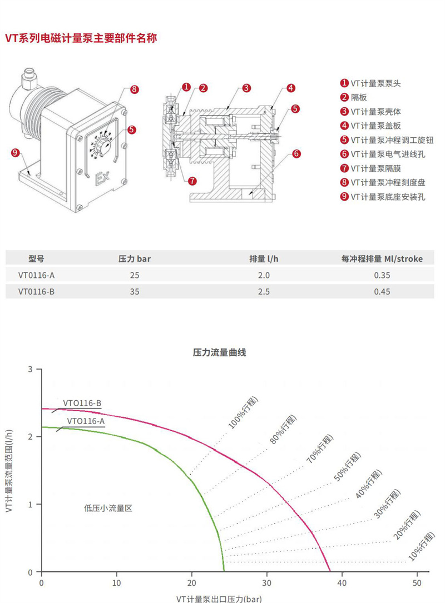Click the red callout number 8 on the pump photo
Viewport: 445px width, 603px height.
(x=134, y=89)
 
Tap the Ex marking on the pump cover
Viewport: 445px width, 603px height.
(x=102, y=178)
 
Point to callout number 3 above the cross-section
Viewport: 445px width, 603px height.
(x=246, y=88)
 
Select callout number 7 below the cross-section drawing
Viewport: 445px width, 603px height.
(x=192, y=181)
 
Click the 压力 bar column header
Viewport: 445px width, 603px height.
(x=135, y=258)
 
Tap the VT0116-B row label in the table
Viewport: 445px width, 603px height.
(x=36, y=291)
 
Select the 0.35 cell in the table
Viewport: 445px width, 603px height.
(x=382, y=275)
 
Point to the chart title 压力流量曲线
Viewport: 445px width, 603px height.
(x=219, y=352)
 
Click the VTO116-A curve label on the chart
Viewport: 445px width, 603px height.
(x=86, y=421)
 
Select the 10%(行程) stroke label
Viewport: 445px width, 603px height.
(x=422, y=546)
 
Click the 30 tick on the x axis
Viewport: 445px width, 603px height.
(x=267, y=584)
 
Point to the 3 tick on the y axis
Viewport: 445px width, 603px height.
(x=31, y=369)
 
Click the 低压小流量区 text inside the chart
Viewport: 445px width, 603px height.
(x=108, y=507)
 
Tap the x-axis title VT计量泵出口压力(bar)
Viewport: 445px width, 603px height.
(x=219, y=599)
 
